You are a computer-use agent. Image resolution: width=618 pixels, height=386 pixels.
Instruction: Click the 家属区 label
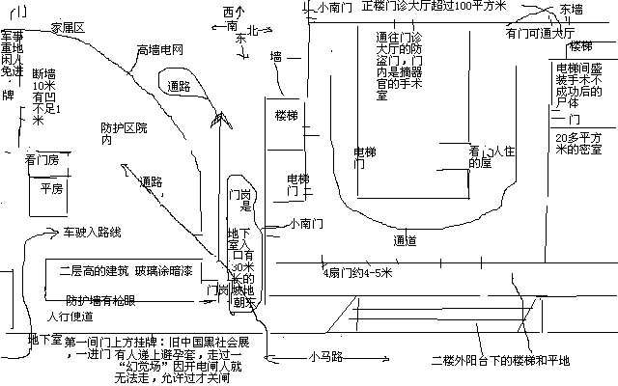point(69,28)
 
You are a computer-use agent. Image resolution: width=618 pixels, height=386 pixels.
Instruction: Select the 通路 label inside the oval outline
point(178,87)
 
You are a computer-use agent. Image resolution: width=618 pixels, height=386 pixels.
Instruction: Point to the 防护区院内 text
point(125,133)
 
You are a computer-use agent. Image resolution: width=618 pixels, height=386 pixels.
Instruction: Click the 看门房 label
point(42,159)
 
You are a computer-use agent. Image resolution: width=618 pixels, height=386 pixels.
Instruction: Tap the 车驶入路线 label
point(92,233)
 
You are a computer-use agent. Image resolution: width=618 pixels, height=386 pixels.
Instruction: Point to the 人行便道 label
point(70,317)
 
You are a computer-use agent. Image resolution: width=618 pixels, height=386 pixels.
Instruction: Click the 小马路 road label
point(326,357)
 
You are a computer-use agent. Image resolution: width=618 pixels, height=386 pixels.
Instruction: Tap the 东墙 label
point(571,10)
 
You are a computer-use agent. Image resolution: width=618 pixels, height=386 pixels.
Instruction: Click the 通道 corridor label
point(405,239)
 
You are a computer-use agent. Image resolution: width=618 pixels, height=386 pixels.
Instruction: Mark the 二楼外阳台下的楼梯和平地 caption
point(501,361)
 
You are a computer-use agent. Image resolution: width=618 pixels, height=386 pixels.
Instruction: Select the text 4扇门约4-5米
point(357,273)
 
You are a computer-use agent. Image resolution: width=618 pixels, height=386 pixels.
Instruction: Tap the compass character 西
point(229,13)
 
